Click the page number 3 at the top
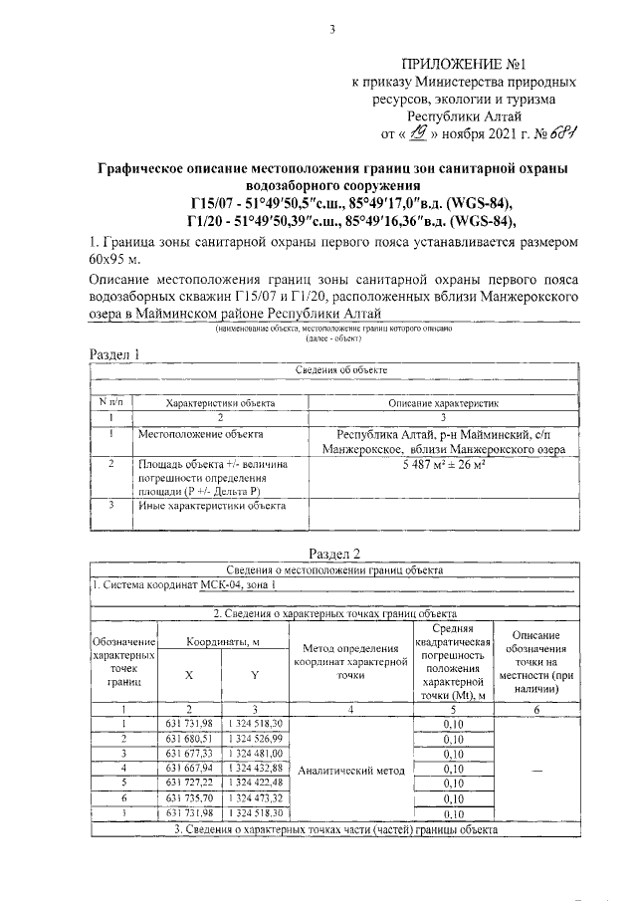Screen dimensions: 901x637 coord(331,29)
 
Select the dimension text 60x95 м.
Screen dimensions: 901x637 coord(113,260)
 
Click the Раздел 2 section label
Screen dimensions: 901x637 coord(333,554)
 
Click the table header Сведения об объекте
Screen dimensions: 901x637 coord(341,369)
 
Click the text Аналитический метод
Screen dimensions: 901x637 coord(351,770)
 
